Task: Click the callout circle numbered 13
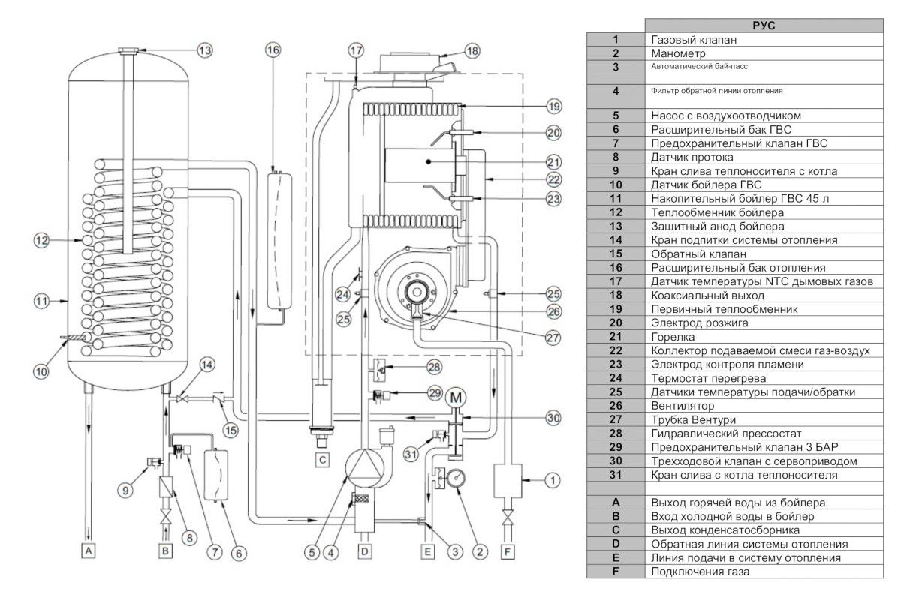205,50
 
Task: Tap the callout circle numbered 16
273,50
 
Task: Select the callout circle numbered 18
471,52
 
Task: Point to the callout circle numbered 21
553,161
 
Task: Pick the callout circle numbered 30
553,419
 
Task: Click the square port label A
89,551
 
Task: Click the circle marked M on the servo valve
456,397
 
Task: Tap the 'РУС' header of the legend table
764,26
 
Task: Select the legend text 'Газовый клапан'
695,39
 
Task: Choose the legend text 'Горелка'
673,337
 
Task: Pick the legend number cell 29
616,447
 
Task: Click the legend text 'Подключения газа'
700,572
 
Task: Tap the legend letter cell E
616,558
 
